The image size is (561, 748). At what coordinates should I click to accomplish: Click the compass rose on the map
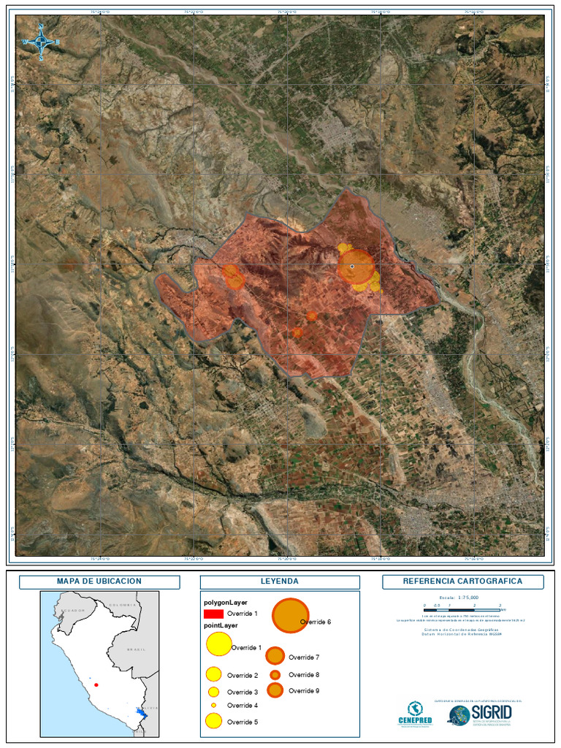click(x=42, y=42)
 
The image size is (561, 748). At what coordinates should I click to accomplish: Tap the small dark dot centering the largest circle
click(x=352, y=267)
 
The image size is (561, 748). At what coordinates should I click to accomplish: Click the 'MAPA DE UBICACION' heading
click(x=99, y=581)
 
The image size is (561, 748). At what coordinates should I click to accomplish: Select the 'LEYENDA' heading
click(x=280, y=581)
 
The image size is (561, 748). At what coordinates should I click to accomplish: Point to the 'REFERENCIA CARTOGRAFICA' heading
click(x=462, y=581)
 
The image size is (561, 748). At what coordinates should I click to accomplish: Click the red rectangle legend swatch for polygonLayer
click(x=213, y=614)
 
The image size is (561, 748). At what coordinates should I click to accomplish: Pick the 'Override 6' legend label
click(x=316, y=622)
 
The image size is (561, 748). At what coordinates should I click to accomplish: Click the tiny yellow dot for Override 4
click(x=213, y=706)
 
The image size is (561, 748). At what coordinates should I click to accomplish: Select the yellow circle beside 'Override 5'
click(x=213, y=722)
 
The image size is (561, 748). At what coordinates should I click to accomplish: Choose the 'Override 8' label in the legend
click(x=304, y=675)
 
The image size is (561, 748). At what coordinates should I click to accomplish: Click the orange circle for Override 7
click(x=275, y=656)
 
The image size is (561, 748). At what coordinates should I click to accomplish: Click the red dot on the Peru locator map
click(x=96, y=685)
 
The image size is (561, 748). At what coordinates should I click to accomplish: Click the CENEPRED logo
click(x=415, y=714)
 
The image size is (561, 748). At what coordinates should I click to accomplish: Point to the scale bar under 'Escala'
click(x=462, y=607)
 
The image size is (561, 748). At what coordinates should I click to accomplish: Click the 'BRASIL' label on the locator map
click(x=136, y=649)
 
